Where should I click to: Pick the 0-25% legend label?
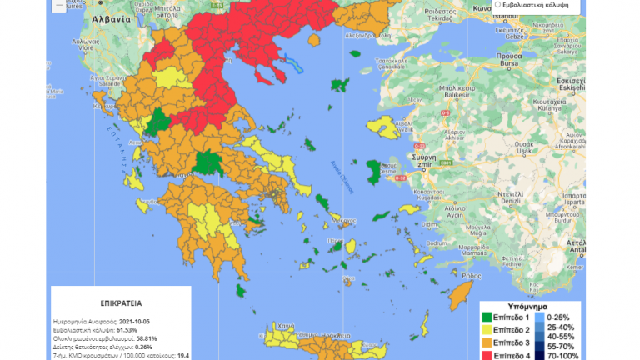tap(566, 317)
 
